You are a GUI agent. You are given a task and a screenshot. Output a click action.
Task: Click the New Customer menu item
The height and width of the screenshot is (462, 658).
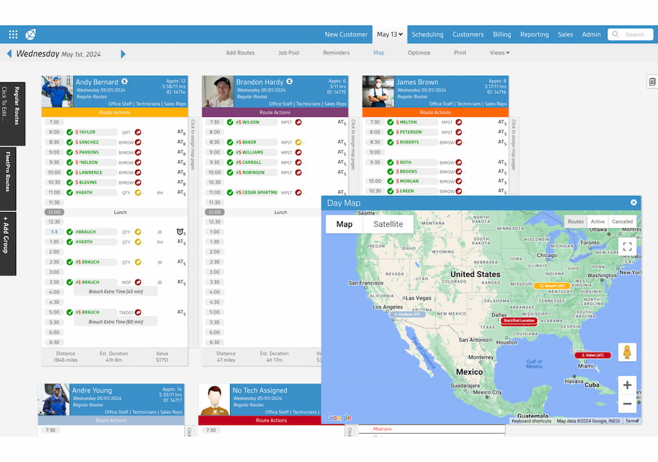346,35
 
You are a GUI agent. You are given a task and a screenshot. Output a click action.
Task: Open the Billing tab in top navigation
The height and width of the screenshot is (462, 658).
502,35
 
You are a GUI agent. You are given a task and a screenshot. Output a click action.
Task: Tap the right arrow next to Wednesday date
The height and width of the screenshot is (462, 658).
123,54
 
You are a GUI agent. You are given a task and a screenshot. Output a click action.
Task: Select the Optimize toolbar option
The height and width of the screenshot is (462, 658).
419,53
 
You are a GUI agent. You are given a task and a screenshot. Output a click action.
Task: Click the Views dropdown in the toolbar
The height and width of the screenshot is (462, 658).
499,53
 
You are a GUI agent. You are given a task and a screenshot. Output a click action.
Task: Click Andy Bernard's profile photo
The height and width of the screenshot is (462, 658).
57,91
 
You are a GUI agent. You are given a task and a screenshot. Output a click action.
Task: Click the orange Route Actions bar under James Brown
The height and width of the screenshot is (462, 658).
435,112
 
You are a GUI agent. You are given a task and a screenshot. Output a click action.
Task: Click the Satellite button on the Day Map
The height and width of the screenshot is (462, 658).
388,224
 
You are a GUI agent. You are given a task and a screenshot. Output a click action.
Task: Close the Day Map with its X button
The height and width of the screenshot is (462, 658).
634,202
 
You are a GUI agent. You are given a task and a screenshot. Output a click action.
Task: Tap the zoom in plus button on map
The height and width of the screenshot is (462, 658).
627,386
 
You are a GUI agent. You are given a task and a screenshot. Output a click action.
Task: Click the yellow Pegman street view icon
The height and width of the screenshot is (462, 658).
627,352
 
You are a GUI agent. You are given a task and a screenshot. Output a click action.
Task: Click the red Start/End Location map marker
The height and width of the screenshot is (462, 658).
519,321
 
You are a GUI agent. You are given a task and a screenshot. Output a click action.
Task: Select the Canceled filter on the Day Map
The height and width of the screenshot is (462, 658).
622,222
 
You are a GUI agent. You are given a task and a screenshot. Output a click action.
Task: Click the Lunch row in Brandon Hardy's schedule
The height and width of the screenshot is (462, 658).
280,212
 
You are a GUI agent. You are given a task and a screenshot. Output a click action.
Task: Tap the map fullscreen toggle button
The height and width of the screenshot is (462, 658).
627,246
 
